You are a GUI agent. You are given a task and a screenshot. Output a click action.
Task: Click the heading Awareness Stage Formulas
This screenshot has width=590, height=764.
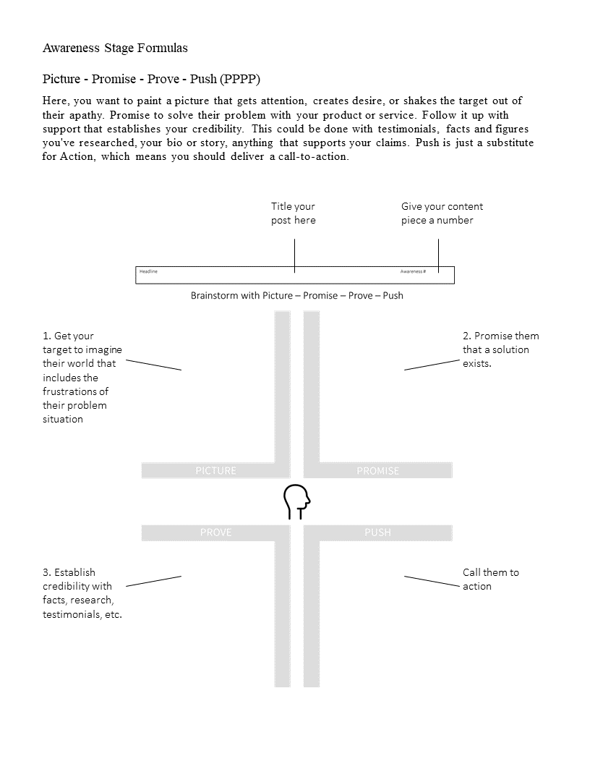(115, 48)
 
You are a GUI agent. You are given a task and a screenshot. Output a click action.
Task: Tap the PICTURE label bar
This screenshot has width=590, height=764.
(215, 471)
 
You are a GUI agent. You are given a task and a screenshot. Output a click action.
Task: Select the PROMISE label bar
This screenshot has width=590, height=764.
(377, 471)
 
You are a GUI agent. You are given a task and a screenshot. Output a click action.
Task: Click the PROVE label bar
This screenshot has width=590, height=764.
(215, 532)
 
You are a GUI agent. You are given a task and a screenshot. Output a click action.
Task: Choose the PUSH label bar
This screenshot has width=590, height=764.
(377, 532)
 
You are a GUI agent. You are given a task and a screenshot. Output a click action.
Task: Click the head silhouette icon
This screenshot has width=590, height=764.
(296, 501)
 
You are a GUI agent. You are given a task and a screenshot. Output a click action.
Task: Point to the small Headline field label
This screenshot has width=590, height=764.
(148, 271)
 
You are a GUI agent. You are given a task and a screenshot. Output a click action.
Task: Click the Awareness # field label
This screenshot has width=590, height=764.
(413, 271)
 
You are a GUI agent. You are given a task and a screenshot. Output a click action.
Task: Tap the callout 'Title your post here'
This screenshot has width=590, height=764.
(293, 213)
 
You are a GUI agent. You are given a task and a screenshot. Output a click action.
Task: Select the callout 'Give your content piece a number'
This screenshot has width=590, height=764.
(442, 213)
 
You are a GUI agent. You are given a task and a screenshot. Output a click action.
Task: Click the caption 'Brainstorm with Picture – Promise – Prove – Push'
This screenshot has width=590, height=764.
(296, 295)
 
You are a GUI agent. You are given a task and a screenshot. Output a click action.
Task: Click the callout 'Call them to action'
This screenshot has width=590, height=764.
(490, 579)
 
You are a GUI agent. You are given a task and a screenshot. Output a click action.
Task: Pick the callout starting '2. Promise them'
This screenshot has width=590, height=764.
(500, 349)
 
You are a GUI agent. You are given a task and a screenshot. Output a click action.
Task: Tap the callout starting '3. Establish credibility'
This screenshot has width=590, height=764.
(82, 593)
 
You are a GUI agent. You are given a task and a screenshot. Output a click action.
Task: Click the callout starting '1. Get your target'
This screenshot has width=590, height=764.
(82, 377)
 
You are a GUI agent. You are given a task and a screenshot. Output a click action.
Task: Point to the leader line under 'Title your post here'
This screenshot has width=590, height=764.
(294, 255)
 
